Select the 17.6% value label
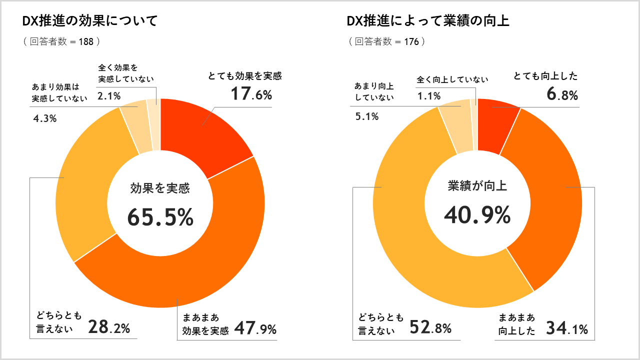[251, 94]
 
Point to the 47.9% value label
[255, 329]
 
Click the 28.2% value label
[109, 327]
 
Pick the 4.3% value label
[44, 119]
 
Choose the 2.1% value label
[109, 96]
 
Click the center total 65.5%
[160, 217]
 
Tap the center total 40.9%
[477, 215]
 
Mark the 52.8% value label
[430, 327]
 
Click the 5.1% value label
[366, 117]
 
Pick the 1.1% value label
[429, 96]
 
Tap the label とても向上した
[545, 76]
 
